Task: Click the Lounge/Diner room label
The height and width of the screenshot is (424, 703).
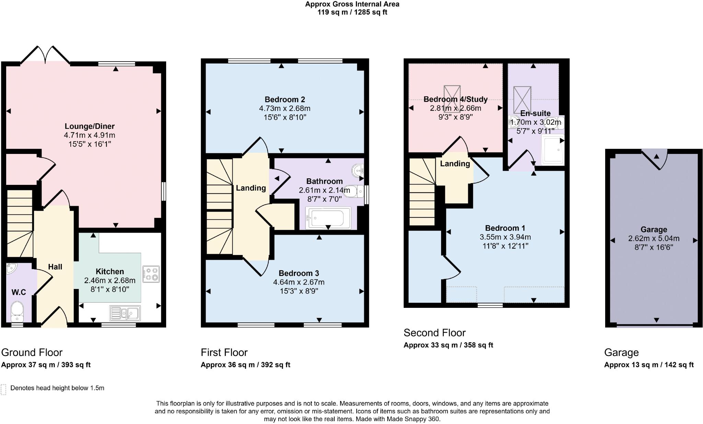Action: tap(90, 126)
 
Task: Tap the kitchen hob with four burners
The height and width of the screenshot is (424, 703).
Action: tap(151, 274)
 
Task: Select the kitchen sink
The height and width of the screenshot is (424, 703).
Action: tap(125, 313)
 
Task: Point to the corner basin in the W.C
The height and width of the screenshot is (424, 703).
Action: tap(11, 268)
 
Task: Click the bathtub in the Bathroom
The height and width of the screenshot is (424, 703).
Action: tap(328, 218)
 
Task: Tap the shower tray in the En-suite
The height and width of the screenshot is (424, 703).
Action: tap(553, 149)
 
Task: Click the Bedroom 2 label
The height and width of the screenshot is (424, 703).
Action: tap(285, 100)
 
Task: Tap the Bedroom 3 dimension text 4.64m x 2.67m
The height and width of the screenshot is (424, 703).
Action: tap(299, 282)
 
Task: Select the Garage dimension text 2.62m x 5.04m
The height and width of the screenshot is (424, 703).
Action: tap(654, 238)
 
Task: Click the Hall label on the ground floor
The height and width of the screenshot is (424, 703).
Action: tap(55, 267)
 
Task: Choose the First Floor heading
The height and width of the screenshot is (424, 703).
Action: tap(224, 353)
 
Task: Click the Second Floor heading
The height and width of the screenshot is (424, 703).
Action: tap(435, 333)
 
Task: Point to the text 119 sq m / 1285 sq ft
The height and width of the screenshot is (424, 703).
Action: tap(352, 12)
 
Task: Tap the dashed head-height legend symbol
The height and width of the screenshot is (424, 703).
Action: tap(4, 389)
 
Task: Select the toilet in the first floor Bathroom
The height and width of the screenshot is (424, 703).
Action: tap(353, 191)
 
